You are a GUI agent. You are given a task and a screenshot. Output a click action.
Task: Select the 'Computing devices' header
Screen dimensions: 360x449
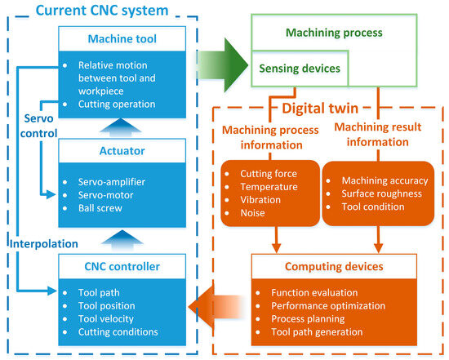[x=335, y=265]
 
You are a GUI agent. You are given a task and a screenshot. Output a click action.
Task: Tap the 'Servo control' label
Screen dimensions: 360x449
[x=30, y=124]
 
